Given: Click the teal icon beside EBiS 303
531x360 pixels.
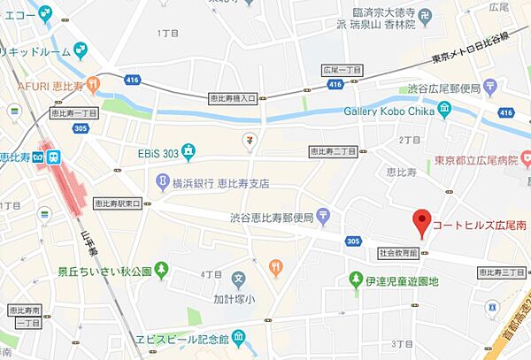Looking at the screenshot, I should [187, 150].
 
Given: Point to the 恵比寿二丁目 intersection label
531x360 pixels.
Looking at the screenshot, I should [333, 152].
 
